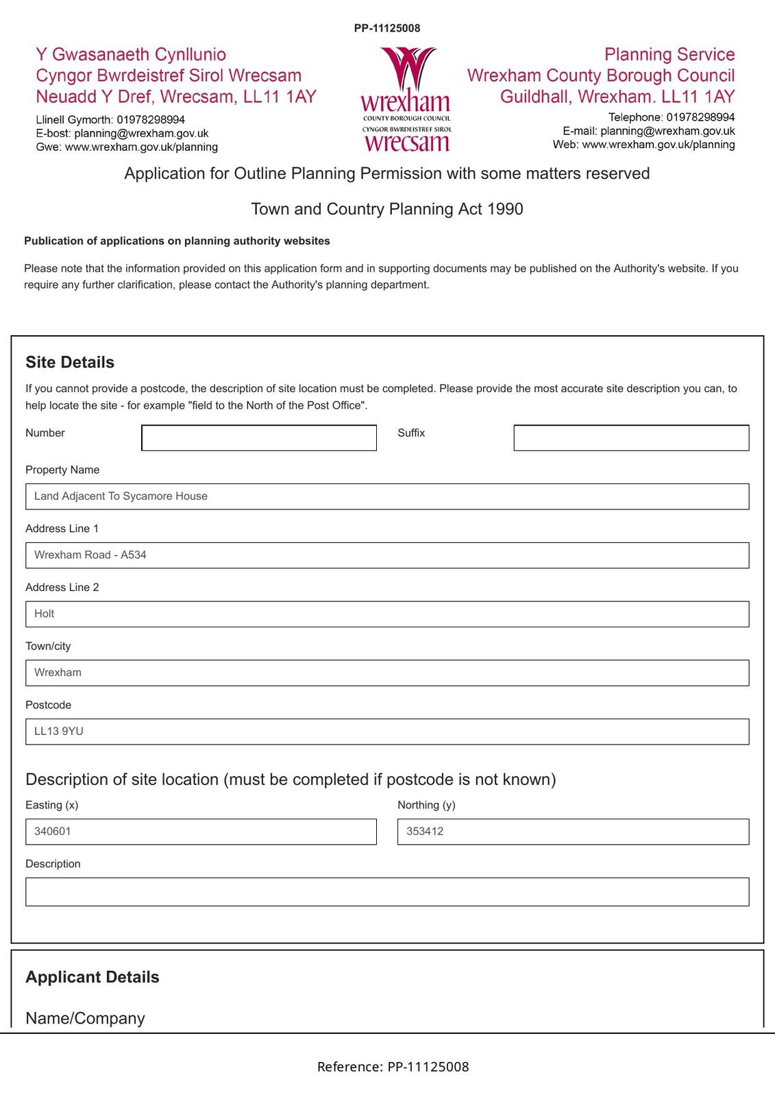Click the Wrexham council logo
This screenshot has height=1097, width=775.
(406, 99)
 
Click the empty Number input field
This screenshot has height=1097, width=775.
(258, 438)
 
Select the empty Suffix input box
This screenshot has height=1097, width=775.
(630, 438)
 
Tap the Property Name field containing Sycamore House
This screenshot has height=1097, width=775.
(386, 496)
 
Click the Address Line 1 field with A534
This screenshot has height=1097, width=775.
(386, 555)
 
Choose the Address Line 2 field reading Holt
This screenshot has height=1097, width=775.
(386, 614)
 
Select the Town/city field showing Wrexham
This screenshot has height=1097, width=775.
(386, 673)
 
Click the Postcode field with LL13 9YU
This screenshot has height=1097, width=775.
(386, 732)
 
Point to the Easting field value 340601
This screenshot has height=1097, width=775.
(201, 832)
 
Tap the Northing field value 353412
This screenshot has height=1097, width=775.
(573, 832)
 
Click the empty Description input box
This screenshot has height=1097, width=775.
(386, 892)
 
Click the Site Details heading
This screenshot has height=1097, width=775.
(70, 362)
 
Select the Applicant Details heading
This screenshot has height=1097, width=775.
(93, 977)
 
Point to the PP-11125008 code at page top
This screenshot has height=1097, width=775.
(387, 28)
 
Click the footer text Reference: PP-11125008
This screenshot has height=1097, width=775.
(393, 1067)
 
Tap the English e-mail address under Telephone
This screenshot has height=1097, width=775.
(667, 131)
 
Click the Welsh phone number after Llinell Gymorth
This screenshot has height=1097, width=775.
(151, 119)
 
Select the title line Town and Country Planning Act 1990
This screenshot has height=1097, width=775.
(387, 209)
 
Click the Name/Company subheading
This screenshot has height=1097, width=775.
(85, 1018)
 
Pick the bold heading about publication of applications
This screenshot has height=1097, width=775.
(177, 241)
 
